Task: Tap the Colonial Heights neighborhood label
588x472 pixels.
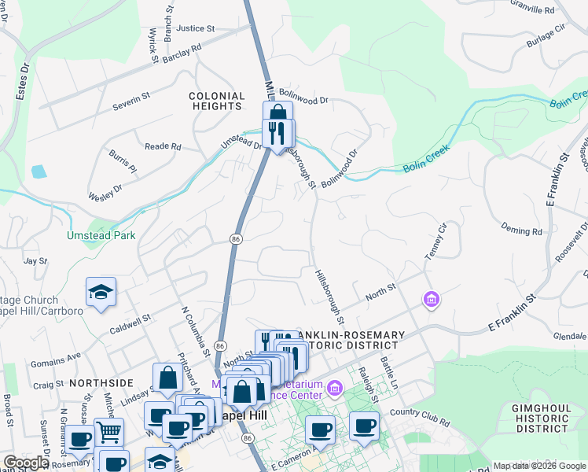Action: (x=215, y=101)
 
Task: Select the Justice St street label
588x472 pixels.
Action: (x=196, y=28)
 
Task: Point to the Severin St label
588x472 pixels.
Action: (x=130, y=101)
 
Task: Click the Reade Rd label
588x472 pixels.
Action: (x=164, y=146)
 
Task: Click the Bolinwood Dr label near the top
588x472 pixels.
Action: (x=302, y=101)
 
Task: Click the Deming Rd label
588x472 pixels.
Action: (x=522, y=231)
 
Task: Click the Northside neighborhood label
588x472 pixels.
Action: (x=101, y=382)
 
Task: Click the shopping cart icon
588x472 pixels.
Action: (x=108, y=431)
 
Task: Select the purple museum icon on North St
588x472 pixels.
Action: (x=431, y=299)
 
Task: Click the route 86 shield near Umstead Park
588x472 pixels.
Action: (x=235, y=238)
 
